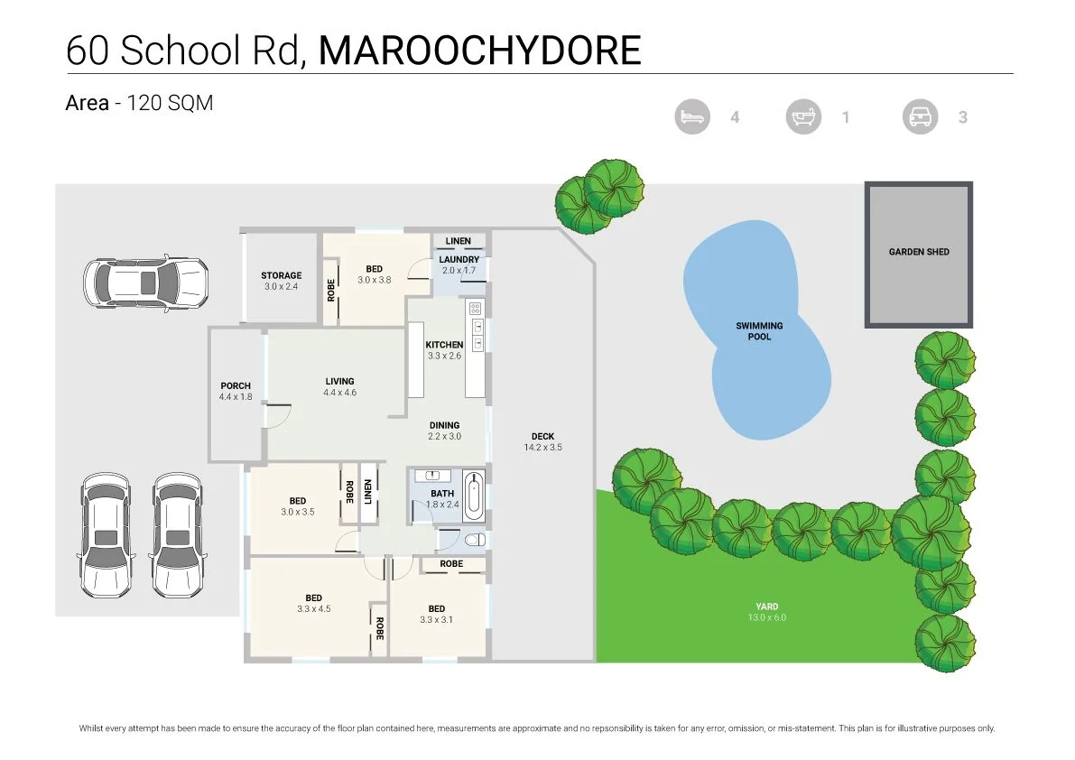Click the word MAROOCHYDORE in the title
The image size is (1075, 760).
479,51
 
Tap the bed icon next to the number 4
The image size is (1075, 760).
692,117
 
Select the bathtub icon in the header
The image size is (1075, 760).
803,117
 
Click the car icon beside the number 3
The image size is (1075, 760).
920,117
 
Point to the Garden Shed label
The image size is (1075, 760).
919,252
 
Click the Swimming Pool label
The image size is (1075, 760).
759,331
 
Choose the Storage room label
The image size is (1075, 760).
281,281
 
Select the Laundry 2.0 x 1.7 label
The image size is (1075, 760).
459,264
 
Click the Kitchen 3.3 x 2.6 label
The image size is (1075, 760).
444,350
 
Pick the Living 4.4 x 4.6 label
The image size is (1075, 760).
339,386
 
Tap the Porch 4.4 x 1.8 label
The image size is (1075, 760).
236,391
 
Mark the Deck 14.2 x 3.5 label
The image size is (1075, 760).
542,441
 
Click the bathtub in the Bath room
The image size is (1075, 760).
473,495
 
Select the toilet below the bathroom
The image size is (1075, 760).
474,540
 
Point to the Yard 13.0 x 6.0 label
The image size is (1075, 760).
766,612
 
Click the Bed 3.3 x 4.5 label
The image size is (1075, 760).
313,603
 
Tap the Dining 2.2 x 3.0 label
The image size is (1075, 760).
444,431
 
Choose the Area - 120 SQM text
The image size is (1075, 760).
139,103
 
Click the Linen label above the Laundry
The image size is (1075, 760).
458,241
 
